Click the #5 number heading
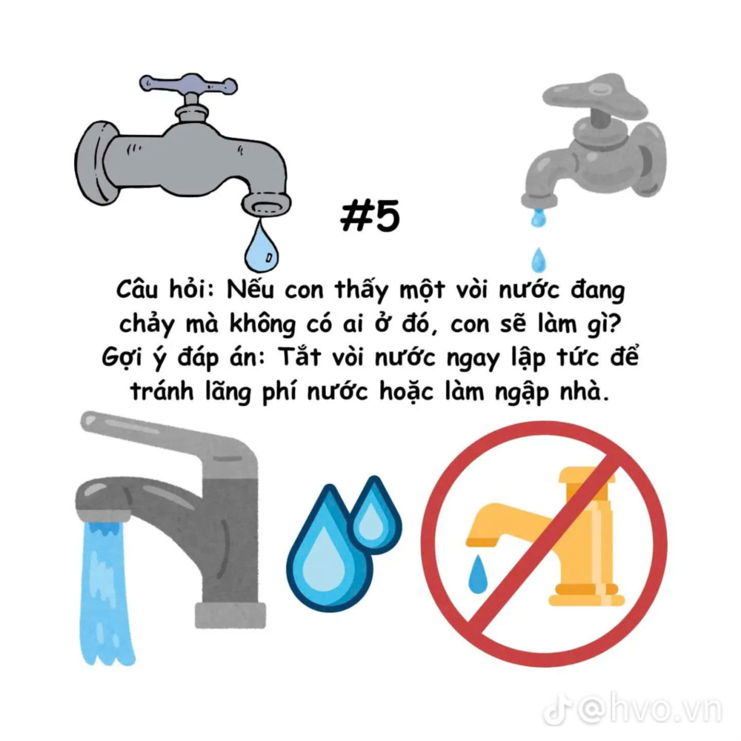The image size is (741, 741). pyautogui.click(x=370, y=216)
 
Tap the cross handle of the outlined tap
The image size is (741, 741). pyautogui.click(x=188, y=85)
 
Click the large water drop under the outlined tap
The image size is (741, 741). pyautogui.click(x=262, y=247)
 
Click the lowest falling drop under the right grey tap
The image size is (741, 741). pyautogui.click(x=538, y=260)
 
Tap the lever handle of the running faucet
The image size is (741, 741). pyautogui.click(x=170, y=440)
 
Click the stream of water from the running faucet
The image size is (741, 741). pyautogui.click(x=104, y=593)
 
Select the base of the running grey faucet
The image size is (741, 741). pyautogui.click(x=230, y=615)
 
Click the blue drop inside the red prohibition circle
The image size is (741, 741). pyautogui.click(x=477, y=575)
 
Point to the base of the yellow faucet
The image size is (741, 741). pyautogui.click(x=587, y=596)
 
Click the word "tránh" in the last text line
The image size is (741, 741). pyautogui.click(x=162, y=391)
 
